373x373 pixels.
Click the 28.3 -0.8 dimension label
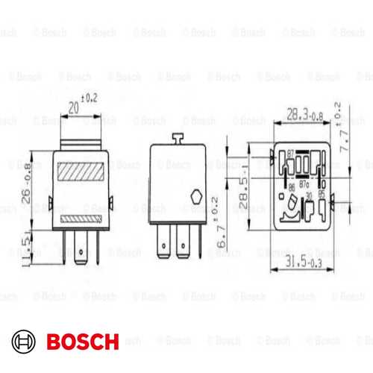[304, 113]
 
